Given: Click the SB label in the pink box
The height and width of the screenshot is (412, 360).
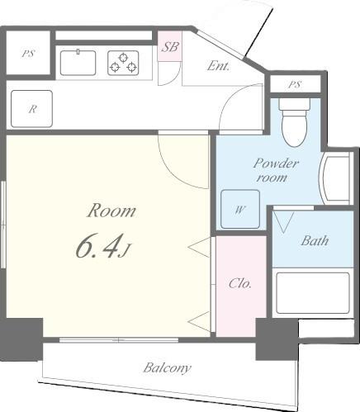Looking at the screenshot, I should click(x=169, y=47).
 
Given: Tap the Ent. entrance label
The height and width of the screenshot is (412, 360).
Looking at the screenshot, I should click(x=218, y=65).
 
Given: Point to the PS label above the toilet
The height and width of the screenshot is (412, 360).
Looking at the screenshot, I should click(x=296, y=86).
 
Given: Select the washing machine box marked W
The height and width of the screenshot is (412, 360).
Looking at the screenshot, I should click(x=239, y=209).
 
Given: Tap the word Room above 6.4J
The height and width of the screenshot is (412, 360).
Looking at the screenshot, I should click(x=111, y=211).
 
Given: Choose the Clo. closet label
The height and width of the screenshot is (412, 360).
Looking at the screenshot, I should click(x=239, y=284).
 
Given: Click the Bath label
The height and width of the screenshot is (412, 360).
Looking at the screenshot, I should click(x=314, y=241).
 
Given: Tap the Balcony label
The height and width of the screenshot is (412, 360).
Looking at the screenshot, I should click(x=167, y=368).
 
